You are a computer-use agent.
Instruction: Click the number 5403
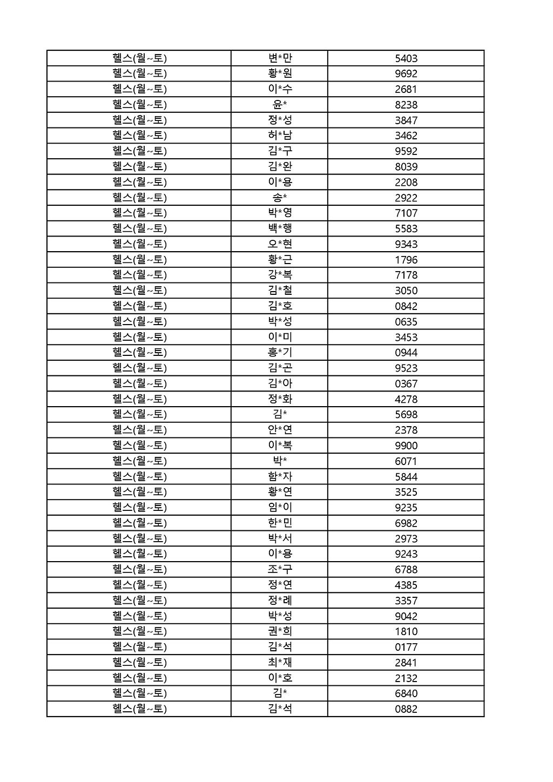click(406, 58)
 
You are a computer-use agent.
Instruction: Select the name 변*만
click(280, 58)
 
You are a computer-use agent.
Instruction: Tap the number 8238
click(406, 105)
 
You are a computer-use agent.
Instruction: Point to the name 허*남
click(280, 135)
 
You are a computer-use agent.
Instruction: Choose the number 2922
click(406, 198)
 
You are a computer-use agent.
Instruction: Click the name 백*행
click(280, 228)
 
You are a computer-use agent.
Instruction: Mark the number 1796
click(406, 260)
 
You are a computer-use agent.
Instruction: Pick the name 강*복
click(280, 274)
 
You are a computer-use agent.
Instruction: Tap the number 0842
click(406, 306)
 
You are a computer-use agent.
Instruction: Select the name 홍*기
click(280, 352)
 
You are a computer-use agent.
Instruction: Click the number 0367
click(406, 384)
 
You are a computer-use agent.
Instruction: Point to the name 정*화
click(280, 399)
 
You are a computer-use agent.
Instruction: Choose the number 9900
click(406, 446)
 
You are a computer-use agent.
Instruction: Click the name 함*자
click(280, 476)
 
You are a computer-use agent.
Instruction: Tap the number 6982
click(406, 523)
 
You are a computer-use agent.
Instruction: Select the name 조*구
click(280, 569)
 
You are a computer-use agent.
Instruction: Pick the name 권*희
click(280, 631)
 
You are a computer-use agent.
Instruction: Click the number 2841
click(406, 663)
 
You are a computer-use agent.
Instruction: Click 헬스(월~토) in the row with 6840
click(139, 693)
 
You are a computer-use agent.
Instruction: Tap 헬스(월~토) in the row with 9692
click(139, 73)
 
